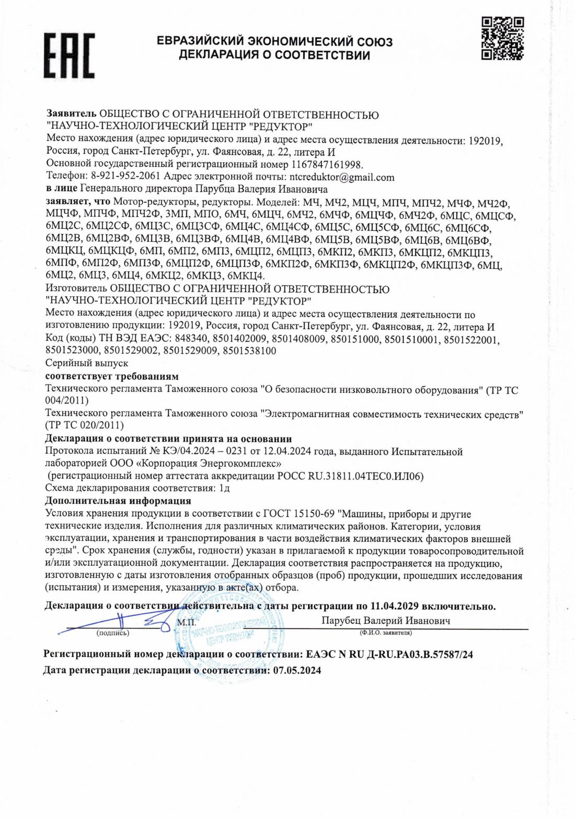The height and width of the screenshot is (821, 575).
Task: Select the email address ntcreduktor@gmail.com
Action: click(342, 177)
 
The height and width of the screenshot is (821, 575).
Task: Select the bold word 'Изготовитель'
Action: click(75, 288)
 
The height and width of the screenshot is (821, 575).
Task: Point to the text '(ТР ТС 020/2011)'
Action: click(85, 424)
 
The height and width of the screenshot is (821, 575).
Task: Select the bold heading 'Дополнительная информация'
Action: click(110, 501)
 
